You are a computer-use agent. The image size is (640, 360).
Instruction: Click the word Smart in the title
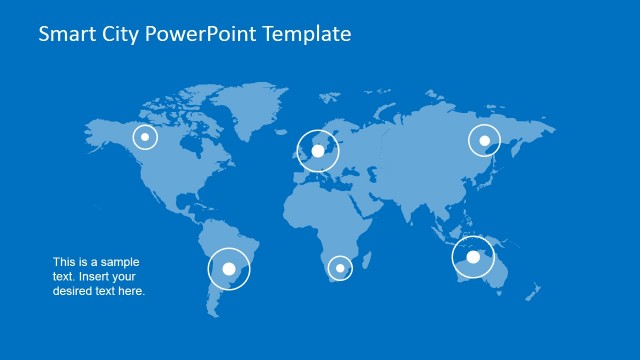(65, 34)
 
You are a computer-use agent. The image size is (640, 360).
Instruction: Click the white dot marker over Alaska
(146, 137)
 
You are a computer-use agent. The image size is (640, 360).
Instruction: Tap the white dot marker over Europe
(318, 151)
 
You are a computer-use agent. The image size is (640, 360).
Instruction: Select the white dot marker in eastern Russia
(485, 141)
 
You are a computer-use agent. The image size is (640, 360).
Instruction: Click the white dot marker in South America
(229, 268)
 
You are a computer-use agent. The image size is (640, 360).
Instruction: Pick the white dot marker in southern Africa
(340, 267)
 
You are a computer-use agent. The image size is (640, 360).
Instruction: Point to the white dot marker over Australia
(473, 256)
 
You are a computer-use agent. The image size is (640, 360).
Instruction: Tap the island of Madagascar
(373, 263)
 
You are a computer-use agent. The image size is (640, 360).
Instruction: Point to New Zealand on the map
(538, 291)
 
